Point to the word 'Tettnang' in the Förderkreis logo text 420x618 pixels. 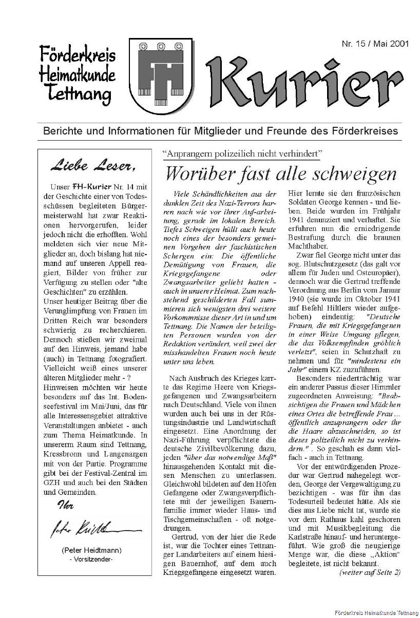(x=78, y=94)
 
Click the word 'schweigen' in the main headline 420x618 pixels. (x=359, y=175)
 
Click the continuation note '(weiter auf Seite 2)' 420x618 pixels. (x=370, y=572)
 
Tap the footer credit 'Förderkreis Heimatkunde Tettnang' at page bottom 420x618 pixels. (x=375, y=613)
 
